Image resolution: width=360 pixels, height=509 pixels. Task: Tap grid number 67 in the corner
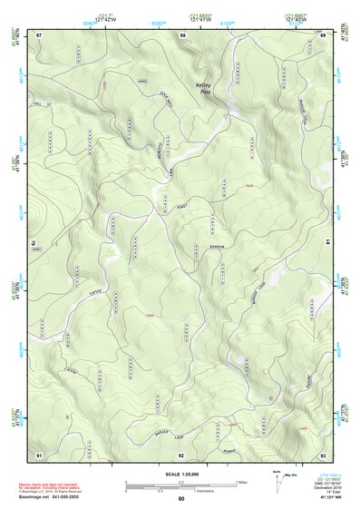[40, 34]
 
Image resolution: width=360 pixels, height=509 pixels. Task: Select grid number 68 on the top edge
[182, 34]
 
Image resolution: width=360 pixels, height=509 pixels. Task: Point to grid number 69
[323, 34]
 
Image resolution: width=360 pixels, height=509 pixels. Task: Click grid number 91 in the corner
[39, 454]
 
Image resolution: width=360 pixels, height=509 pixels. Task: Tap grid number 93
[323, 454]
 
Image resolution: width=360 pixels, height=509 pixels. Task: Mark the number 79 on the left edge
[36, 244]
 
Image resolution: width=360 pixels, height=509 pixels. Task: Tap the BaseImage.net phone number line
[52, 497]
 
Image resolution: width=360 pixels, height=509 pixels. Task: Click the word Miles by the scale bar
[241, 482]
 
